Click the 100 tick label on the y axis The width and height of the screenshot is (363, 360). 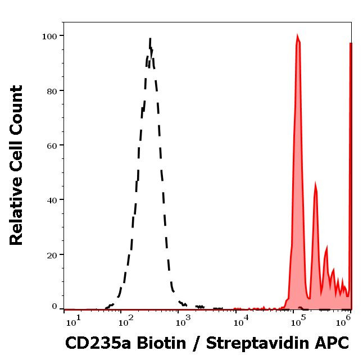[49, 37]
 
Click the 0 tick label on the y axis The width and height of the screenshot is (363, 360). [55, 307]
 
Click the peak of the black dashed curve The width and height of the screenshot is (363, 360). [151, 39]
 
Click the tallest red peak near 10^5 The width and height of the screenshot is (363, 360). [298, 37]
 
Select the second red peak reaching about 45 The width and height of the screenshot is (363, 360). [316, 184]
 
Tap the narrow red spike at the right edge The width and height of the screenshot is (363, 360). [351, 44]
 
